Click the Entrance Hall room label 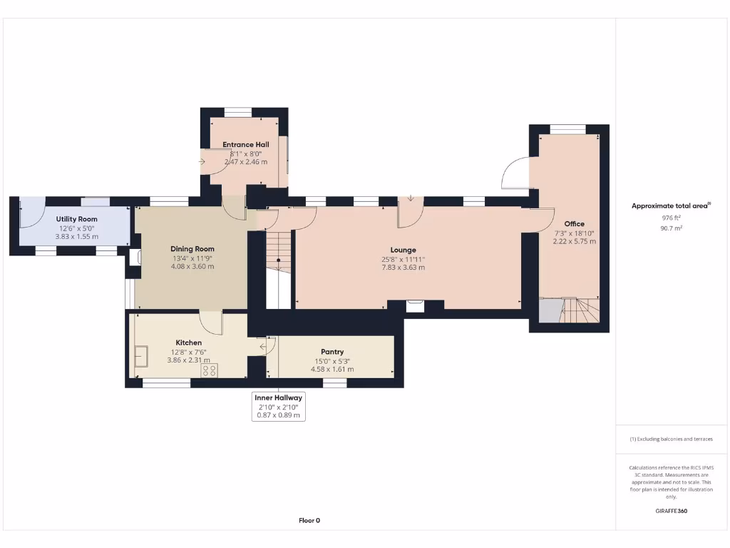245,144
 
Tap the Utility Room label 76,219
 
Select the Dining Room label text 192,249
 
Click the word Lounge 403,250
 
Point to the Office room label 574,223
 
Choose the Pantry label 332,352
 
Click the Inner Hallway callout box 279,406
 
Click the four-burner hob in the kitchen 210,370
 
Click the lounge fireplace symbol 415,306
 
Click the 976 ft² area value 672,218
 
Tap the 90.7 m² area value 672,228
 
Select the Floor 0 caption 309,520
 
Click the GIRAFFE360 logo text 671,511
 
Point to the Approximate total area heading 670,205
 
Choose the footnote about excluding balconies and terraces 671,439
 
